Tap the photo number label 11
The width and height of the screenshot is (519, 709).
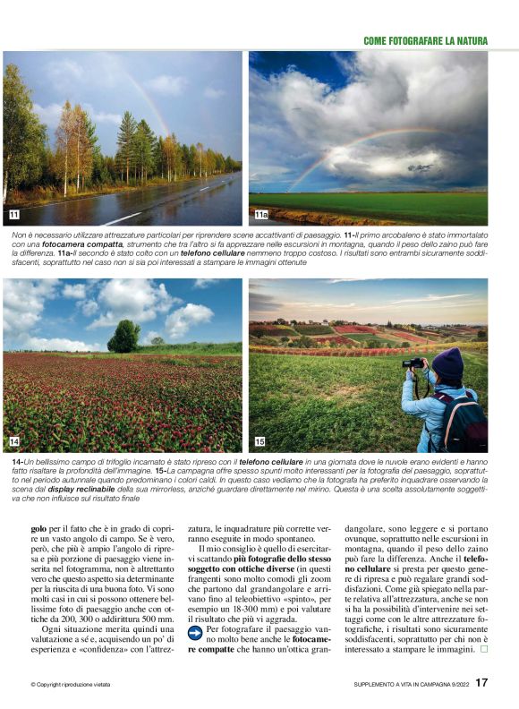coord(13,215)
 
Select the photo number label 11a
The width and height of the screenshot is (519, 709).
coord(260,215)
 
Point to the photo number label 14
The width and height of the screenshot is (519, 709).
coord(13,441)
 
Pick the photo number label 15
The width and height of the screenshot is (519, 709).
coord(259,441)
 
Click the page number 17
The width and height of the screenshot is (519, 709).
coord(481,683)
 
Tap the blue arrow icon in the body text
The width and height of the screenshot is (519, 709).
coord(195,632)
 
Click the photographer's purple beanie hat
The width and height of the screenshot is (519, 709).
coord(447,363)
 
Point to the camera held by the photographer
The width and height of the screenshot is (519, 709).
coord(413,363)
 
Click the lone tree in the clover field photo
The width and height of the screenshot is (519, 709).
coord(123,336)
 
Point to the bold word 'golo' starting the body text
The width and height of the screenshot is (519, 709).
coord(40,529)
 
